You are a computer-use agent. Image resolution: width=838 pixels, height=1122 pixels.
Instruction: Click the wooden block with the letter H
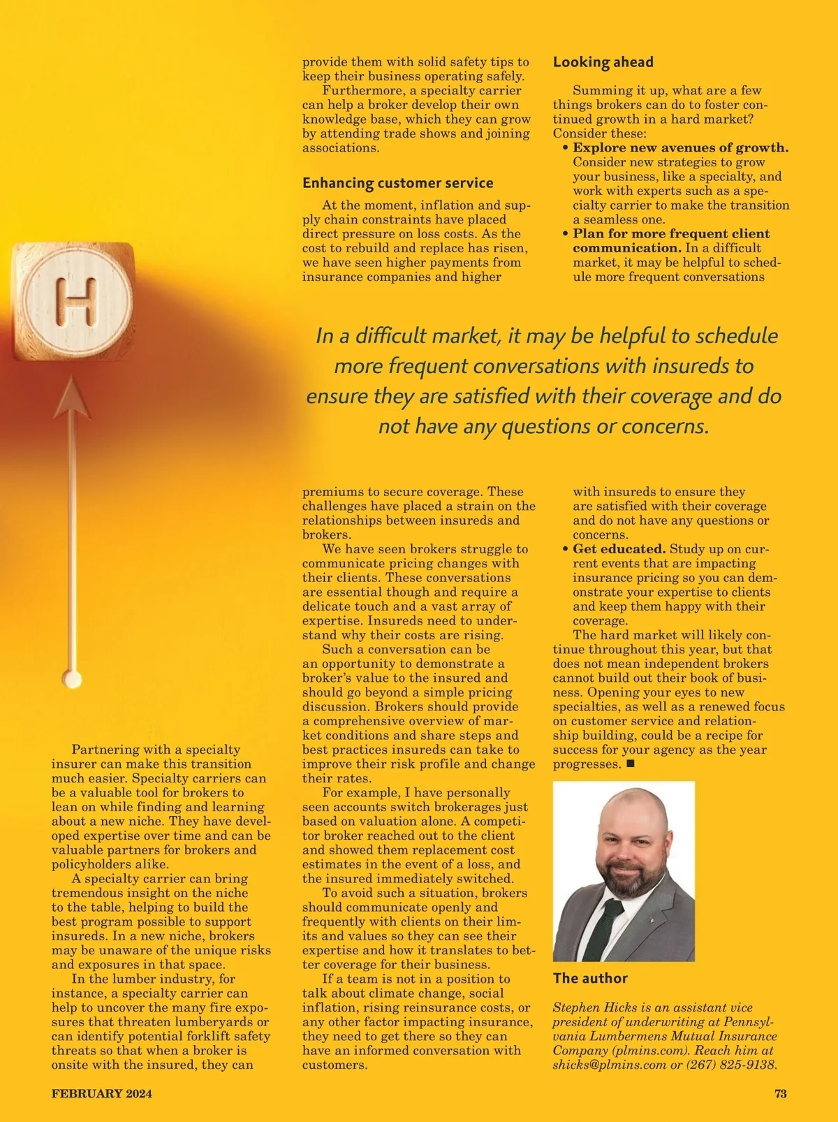coord(73,302)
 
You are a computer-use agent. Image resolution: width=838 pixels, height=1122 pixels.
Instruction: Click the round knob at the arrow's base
coord(72,678)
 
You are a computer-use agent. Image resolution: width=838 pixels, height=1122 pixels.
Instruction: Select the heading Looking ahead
coord(603,62)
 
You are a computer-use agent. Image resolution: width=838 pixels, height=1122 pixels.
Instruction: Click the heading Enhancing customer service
coord(397,183)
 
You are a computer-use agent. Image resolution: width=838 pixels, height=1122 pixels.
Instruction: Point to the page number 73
coord(780,1093)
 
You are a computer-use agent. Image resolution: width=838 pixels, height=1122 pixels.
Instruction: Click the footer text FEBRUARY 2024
coord(101,1093)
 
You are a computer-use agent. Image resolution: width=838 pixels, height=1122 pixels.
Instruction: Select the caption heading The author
coord(590,978)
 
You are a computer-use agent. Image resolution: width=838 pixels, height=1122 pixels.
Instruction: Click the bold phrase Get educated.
coord(619,549)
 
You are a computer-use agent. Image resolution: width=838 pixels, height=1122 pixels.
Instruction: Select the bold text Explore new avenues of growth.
coord(680,147)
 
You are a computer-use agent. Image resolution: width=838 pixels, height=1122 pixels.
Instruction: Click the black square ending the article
coord(631,764)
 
